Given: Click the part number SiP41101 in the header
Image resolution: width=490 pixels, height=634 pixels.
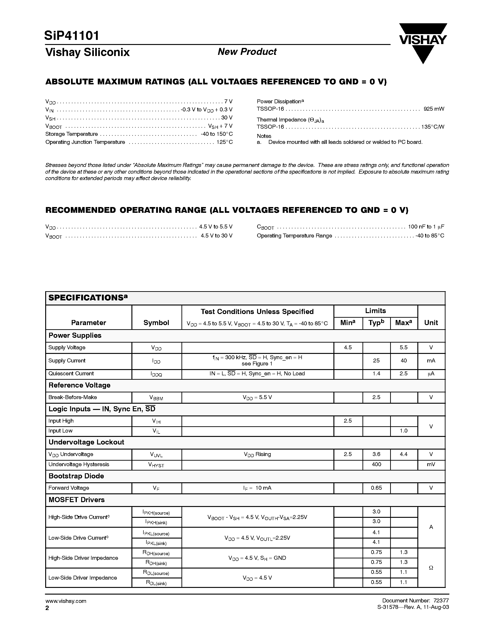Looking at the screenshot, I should coord(72,36).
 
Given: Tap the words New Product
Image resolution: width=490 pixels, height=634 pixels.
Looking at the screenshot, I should coord(247,52).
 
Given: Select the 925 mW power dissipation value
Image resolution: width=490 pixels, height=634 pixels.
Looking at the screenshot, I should coord(434,109).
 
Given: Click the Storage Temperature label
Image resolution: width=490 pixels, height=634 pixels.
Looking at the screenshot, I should coord(71,134).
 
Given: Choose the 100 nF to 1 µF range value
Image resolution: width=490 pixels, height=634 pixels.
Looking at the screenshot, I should coord(426,227).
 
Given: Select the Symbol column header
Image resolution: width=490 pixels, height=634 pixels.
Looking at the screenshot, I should coord(156,323).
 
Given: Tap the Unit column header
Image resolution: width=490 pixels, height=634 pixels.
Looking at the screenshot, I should coord(431,323).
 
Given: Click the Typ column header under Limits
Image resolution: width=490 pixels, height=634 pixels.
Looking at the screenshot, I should coord(376,323).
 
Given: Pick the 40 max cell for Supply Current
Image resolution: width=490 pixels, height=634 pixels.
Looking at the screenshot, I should coord(404,361).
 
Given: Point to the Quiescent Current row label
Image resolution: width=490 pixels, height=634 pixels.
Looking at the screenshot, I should coord(71,374).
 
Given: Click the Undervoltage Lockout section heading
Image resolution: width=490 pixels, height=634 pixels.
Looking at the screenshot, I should coord(86,442).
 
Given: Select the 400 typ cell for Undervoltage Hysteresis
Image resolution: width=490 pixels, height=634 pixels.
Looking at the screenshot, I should coord(376,465).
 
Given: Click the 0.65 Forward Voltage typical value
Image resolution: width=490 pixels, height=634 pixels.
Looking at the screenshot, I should coord(376,488).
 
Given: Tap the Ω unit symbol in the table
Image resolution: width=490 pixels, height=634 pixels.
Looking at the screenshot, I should coord(431,568).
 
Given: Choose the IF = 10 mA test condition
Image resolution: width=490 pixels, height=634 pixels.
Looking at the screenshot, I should coord(257,488).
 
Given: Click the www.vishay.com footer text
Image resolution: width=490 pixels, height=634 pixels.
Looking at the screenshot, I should coord(66,601).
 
